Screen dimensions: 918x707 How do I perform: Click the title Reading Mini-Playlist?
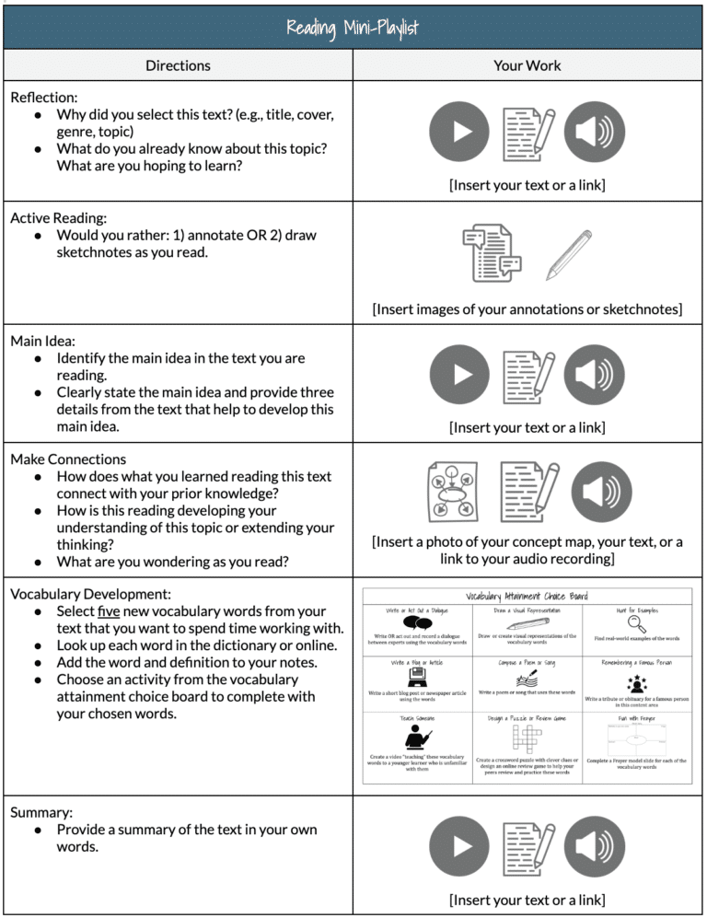coord(353,27)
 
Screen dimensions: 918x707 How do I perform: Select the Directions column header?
coord(178,65)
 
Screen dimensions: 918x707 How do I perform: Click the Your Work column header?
coord(527,65)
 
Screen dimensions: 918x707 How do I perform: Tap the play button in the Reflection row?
coord(459,133)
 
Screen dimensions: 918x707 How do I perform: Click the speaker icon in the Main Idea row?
coord(595,376)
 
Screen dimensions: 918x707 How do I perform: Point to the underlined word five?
coord(110,611)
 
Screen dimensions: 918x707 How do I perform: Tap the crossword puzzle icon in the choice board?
coord(526,737)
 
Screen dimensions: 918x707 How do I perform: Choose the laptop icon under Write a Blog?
coord(418,679)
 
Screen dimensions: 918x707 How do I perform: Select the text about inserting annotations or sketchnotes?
coord(527,309)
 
